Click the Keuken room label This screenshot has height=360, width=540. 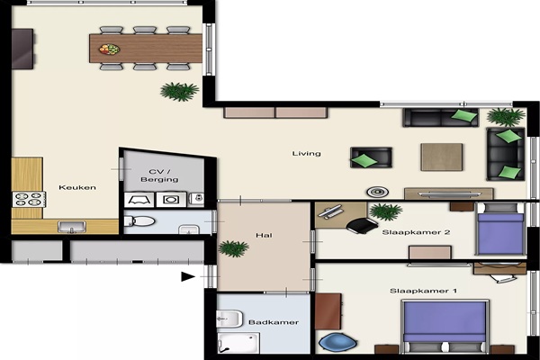click(x=77, y=187)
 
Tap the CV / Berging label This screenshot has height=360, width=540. click(x=159, y=175)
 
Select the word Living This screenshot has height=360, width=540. click(x=307, y=154)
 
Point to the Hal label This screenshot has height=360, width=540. click(x=264, y=235)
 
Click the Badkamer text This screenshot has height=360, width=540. click(x=274, y=322)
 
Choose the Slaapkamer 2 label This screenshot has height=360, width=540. click(x=416, y=232)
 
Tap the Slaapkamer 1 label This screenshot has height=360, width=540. click(x=423, y=291)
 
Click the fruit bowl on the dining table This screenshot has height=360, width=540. click(x=110, y=49)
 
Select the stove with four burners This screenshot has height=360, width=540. click(x=29, y=200)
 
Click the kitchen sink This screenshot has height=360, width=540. click(x=72, y=227)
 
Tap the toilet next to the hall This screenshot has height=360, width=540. click(x=139, y=221)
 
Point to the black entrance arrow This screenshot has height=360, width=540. click(x=188, y=276)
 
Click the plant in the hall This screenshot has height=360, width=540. click(x=233, y=248)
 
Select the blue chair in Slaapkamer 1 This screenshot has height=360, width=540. click(x=337, y=342)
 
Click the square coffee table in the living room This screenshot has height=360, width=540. click(x=442, y=157)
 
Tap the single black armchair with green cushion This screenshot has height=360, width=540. click(x=371, y=157)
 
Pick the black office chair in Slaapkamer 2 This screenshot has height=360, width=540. click(x=362, y=225)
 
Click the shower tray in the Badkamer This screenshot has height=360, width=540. click(x=238, y=343)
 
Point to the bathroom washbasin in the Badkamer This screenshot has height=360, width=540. click(x=229, y=319)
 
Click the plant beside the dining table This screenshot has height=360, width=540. click(x=179, y=91)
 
